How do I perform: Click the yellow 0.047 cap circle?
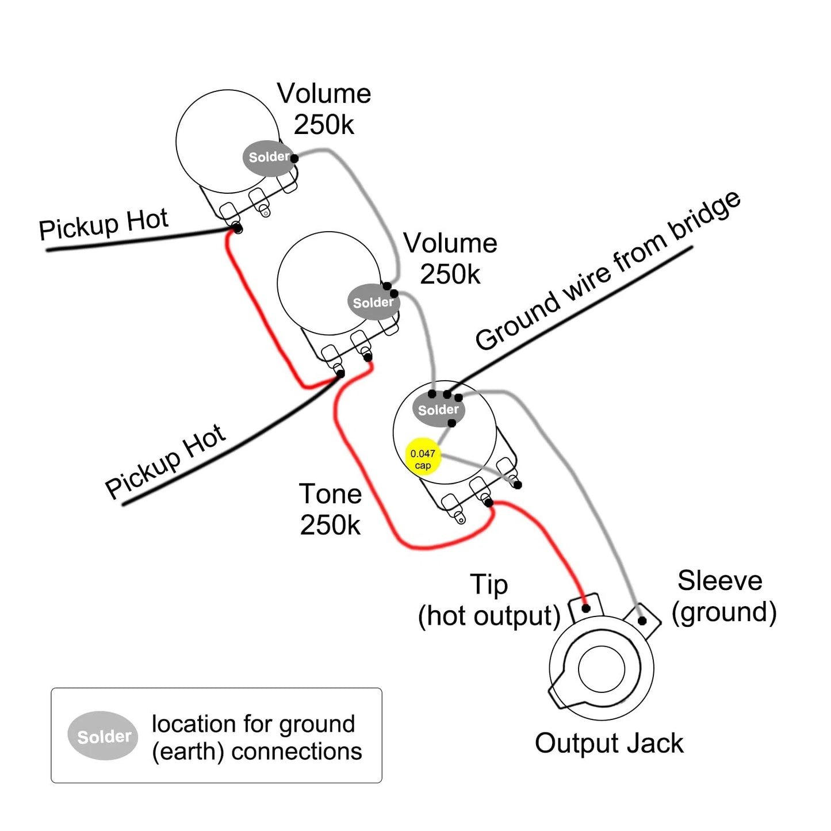pyautogui.click(x=423, y=457)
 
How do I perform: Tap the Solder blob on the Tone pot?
pyautogui.click(x=438, y=409)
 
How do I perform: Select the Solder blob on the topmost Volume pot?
pyautogui.click(x=269, y=158)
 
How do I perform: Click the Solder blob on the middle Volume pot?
pyautogui.click(x=373, y=302)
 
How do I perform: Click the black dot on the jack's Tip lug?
pyautogui.click(x=585, y=608)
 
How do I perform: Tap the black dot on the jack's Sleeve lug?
pyautogui.click(x=642, y=621)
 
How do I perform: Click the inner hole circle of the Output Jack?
pyautogui.click(x=601, y=669)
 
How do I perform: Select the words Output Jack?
pyautogui.click(x=609, y=744)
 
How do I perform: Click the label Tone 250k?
pyautogui.click(x=330, y=510)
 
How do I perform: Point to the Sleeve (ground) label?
pyautogui.click(x=724, y=597)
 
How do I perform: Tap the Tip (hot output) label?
pyautogui.click(x=489, y=600)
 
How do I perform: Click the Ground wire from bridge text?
pyautogui.click(x=608, y=271)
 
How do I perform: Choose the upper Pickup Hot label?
pyautogui.click(x=104, y=224)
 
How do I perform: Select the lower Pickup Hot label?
pyautogui.click(x=166, y=461)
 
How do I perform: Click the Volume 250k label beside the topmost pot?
pyautogui.click(x=324, y=109)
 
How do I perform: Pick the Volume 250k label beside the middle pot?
pyautogui.click(x=450, y=258)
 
